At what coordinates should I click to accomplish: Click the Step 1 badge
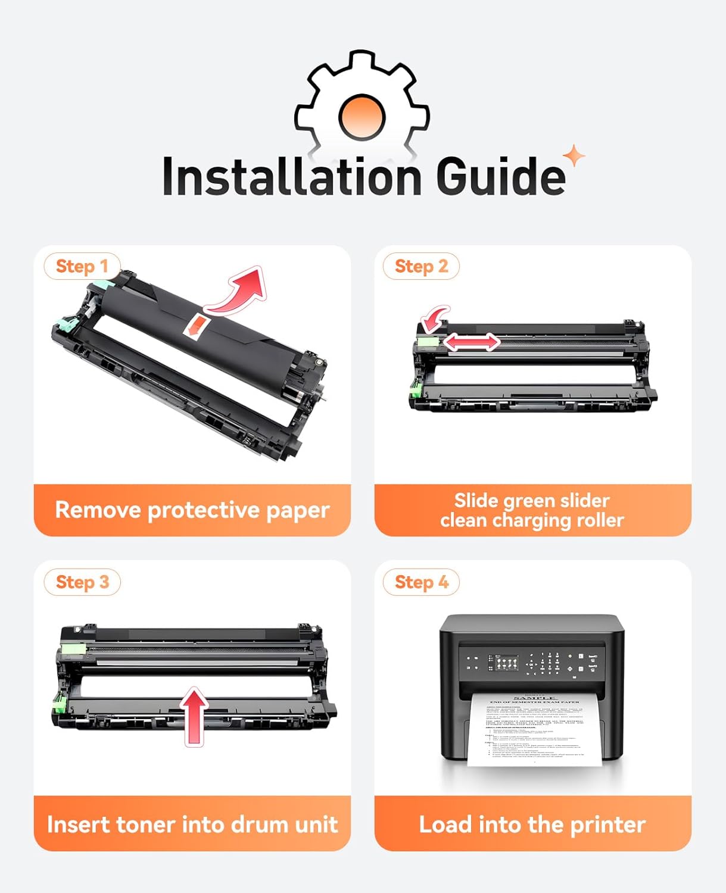coord(82,267)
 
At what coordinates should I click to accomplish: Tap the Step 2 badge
coord(421,267)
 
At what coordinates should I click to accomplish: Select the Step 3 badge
coord(82,582)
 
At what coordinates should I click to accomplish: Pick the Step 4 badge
coord(421,582)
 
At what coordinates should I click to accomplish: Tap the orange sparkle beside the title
coord(574,157)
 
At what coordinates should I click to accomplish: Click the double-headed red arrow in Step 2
coord(471,342)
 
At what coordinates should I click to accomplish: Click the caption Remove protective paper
coord(192,510)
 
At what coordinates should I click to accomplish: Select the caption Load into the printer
coord(532,825)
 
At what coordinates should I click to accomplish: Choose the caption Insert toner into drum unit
coord(192,825)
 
